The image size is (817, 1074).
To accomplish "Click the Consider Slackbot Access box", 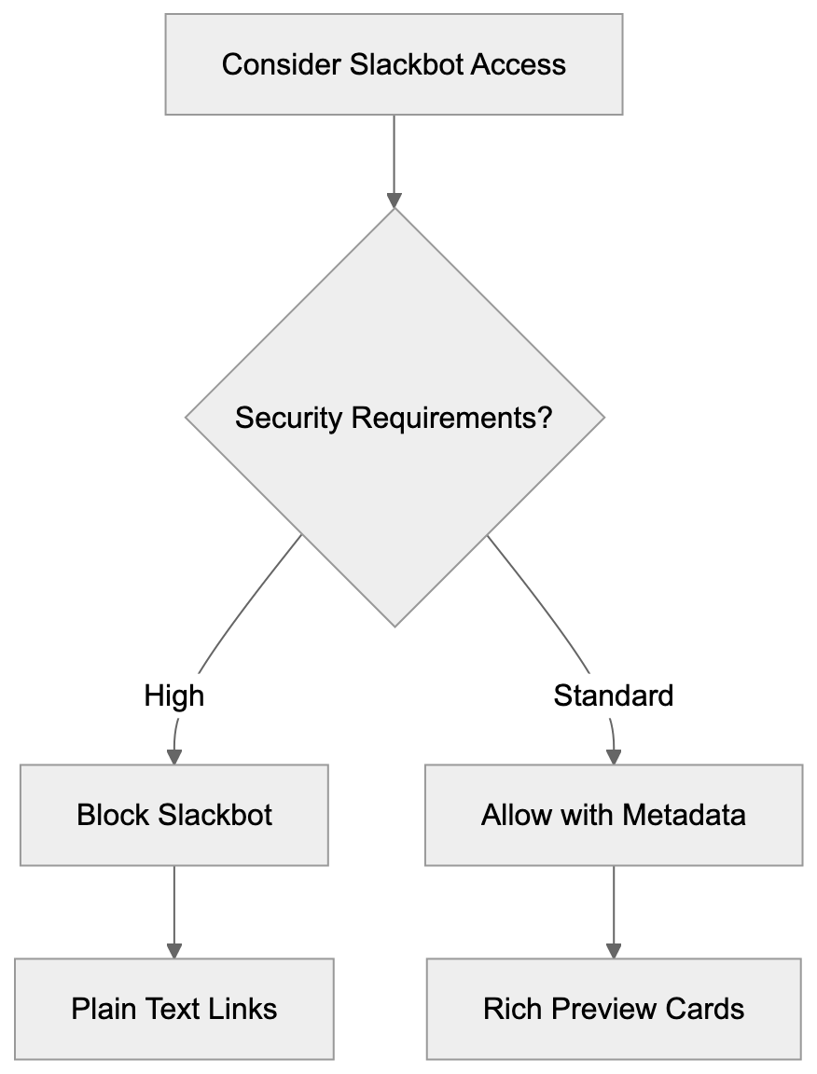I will (x=394, y=64).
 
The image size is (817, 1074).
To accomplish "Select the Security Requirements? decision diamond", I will (x=395, y=417).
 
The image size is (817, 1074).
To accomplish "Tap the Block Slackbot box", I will (x=174, y=815).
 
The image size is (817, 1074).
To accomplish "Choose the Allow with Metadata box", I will (x=613, y=815).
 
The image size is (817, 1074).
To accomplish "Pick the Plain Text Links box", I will (x=174, y=1009).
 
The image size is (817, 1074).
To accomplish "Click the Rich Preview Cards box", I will (x=613, y=1009).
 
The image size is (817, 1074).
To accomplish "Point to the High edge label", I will (x=174, y=695).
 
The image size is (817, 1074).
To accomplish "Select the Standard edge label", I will (x=613, y=695).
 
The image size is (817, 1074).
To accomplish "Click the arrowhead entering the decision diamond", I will (x=395, y=200).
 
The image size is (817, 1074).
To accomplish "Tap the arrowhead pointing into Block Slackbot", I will (x=174, y=756).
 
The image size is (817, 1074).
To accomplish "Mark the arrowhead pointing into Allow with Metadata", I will (x=614, y=756).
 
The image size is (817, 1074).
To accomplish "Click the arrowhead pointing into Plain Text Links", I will (x=174, y=950).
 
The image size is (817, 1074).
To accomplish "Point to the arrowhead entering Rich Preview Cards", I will (x=614, y=950).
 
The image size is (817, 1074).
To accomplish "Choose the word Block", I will (x=113, y=815).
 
